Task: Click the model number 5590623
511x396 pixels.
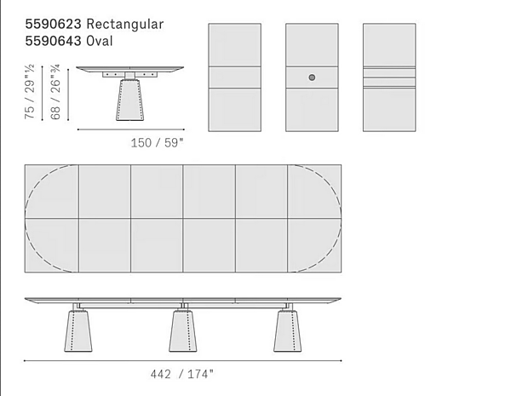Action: pos(53,24)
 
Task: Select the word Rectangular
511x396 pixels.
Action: pos(125,25)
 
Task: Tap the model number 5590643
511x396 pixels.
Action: pos(53,41)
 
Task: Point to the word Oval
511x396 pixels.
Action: pos(100,41)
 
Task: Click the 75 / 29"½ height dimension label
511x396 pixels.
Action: pos(29,92)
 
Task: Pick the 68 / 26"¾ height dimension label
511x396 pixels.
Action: pos(55,92)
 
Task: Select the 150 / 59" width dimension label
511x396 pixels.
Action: pos(158,143)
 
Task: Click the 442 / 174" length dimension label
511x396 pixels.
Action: pos(182,374)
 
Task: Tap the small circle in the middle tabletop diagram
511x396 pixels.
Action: pos(312,77)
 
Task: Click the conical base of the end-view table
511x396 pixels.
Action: pos(129,100)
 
